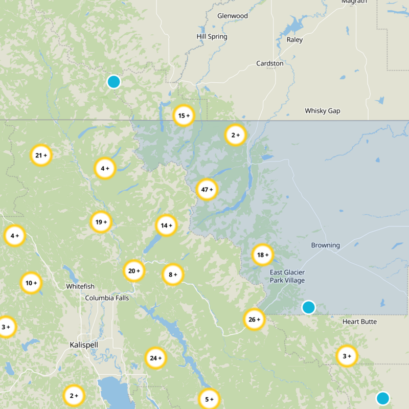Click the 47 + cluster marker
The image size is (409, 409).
coord(207,189)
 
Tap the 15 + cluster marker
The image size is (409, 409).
coord(184,116)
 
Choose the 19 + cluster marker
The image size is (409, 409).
coord(101,222)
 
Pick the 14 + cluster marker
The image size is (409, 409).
coord(167,225)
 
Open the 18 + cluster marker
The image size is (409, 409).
coord(263,255)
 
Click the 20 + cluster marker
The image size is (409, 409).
coord(134,271)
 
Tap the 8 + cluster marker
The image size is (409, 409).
coord(173,275)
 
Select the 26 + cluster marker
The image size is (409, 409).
coord(254,320)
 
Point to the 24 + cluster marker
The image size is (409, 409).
coord(155,358)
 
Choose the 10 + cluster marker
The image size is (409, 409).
coord(31,283)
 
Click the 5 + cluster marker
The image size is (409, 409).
coord(209,399)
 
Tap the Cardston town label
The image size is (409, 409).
coord(270,63)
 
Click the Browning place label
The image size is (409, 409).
coord(325,245)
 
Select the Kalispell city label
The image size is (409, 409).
coord(84,345)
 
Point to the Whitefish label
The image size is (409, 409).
coord(80,287)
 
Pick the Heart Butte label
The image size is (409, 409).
coord(359,322)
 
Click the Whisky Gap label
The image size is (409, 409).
coord(322,111)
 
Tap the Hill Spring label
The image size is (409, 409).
coord(212,37)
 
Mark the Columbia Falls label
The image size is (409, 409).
coord(107,298)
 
